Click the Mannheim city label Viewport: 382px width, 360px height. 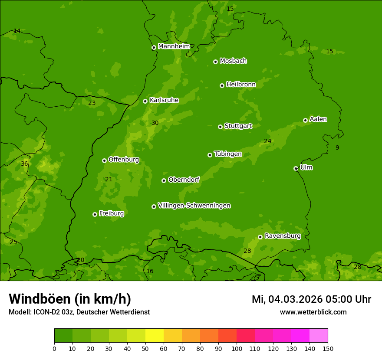click(174, 46)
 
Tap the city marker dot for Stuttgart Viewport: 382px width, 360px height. click(220, 127)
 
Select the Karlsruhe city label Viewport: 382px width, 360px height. click(164, 100)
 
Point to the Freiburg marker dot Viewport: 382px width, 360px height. click(95, 214)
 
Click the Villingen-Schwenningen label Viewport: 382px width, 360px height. click(194, 206)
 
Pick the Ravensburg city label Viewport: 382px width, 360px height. click(282, 236)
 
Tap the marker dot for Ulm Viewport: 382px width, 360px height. click(296, 168)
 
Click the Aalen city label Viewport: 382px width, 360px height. click(318, 119)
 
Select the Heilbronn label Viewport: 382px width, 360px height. click(241, 85)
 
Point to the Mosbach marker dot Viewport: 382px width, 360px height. click(215, 62)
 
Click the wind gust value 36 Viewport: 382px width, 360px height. click(24, 164)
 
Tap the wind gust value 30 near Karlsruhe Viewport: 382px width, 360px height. click(155, 123)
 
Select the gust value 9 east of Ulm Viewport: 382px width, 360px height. click(337, 147)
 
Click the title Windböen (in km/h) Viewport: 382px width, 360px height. click(70, 299)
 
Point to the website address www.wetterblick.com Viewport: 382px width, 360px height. click(313, 312)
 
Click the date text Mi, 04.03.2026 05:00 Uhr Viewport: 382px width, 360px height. click(311, 299)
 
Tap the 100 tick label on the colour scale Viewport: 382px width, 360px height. click(237, 348)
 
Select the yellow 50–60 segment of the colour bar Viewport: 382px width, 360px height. click(155, 336)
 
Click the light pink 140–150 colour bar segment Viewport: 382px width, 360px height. click(319, 336)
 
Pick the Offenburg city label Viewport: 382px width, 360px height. click(123, 160)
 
